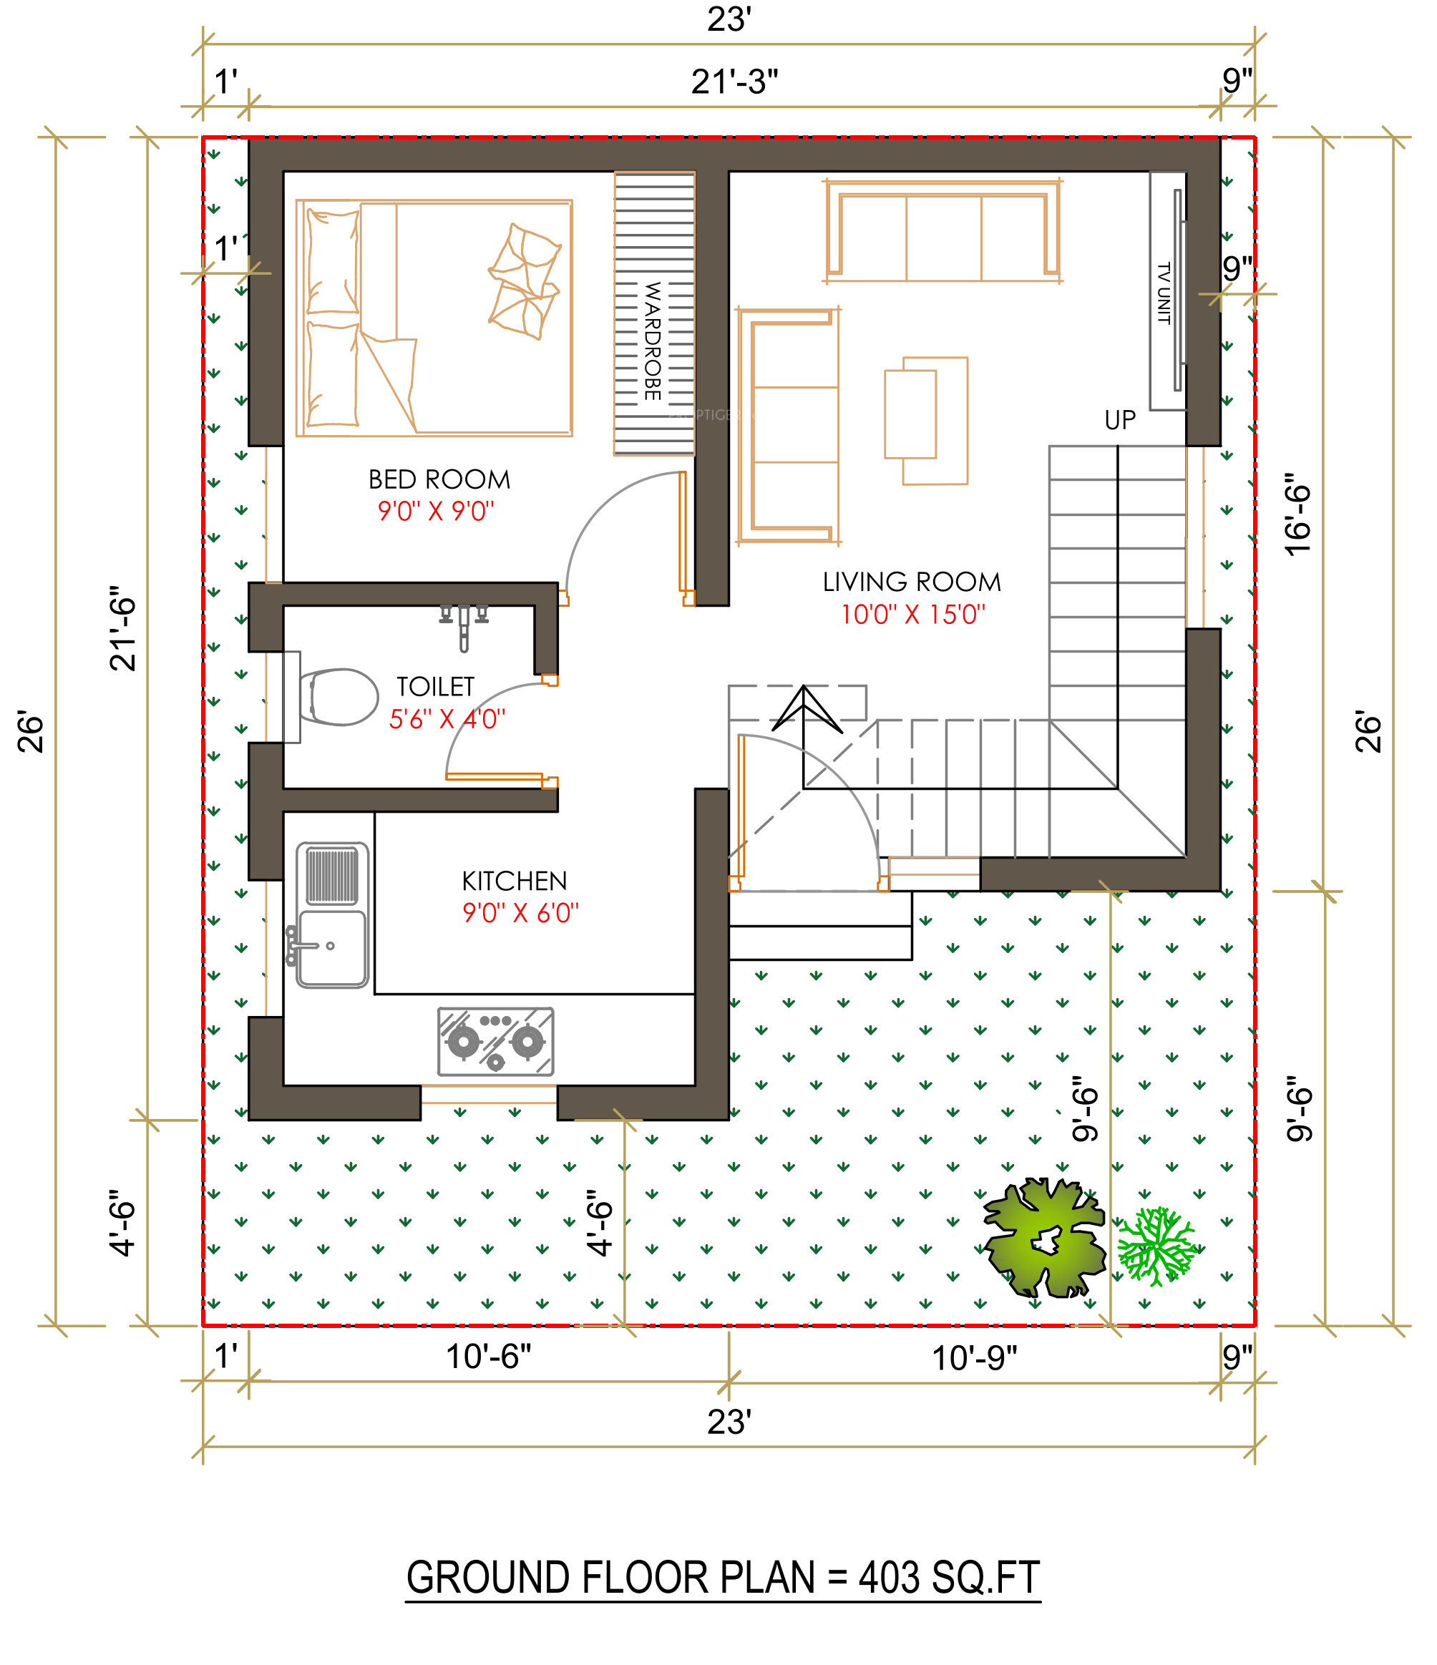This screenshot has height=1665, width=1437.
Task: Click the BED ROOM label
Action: point(439,479)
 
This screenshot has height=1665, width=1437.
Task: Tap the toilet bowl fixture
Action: point(338,697)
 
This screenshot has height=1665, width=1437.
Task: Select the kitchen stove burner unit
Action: point(496,1041)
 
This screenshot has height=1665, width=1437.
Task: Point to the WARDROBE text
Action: point(653,341)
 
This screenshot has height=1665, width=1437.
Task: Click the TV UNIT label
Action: point(1163,293)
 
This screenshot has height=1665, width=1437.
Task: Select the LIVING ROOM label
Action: point(912,582)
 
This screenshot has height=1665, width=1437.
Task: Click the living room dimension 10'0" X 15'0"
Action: point(912,615)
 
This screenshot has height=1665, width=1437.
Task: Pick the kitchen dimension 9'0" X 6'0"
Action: point(520,913)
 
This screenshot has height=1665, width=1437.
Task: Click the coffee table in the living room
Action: point(926,421)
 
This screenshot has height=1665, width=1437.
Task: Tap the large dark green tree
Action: point(1044,1239)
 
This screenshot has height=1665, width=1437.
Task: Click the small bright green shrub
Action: point(1156,1246)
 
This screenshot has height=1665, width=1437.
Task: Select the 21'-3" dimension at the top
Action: point(734,82)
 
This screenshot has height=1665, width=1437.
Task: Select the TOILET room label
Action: point(436,686)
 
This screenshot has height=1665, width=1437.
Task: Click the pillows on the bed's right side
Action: point(524,281)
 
